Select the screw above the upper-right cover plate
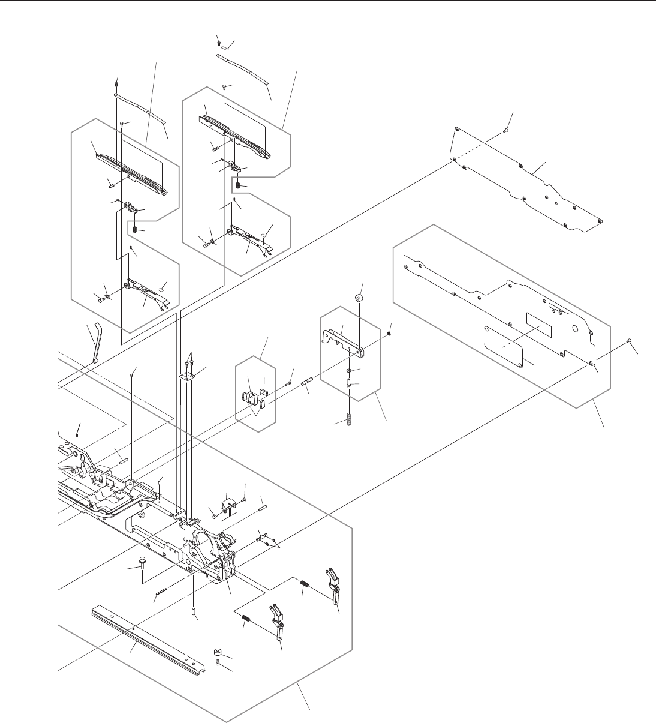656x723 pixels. (507, 128)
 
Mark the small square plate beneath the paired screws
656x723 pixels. (189, 376)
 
